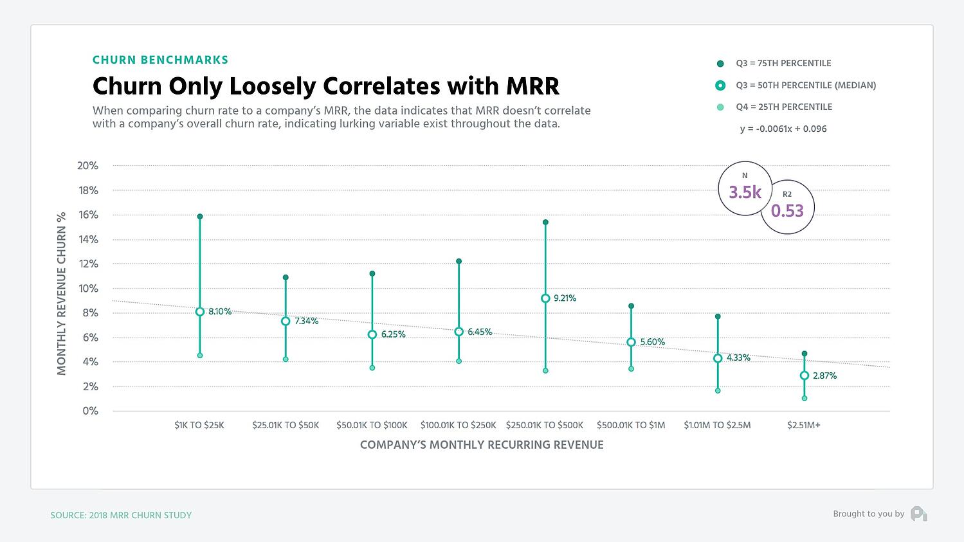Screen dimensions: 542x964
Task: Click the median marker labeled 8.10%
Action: [x=200, y=312]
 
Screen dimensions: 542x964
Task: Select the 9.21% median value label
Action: [x=565, y=298]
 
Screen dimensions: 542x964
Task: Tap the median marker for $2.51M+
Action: [x=804, y=375]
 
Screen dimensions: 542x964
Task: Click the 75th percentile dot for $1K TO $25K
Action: [x=200, y=217]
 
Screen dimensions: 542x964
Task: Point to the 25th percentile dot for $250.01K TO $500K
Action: [x=545, y=371]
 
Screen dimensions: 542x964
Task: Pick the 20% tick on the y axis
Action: [x=87, y=166]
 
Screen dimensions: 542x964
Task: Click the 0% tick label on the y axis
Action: [x=90, y=411]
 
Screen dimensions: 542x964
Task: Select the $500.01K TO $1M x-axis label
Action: [x=630, y=425]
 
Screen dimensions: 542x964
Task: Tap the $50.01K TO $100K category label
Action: [x=372, y=425]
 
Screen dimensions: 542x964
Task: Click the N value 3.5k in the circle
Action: [x=745, y=192]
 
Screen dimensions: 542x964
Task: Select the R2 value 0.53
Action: [x=787, y=211]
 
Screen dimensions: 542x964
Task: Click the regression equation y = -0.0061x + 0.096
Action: [x=783, y=129]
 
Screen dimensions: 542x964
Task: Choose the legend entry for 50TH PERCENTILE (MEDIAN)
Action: [x=805, y=85]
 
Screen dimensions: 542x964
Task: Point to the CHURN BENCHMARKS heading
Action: [x=160, y=60]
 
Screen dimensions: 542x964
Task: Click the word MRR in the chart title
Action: [x=531, y=86]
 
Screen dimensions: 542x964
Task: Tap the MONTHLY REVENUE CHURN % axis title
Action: [x=62, y=293]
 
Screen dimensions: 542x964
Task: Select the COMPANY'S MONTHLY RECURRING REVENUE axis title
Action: [x=481, y=445]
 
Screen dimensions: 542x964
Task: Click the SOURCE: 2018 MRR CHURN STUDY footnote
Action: [x=121, y=515]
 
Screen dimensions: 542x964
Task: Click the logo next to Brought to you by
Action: [x=918, y=514]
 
